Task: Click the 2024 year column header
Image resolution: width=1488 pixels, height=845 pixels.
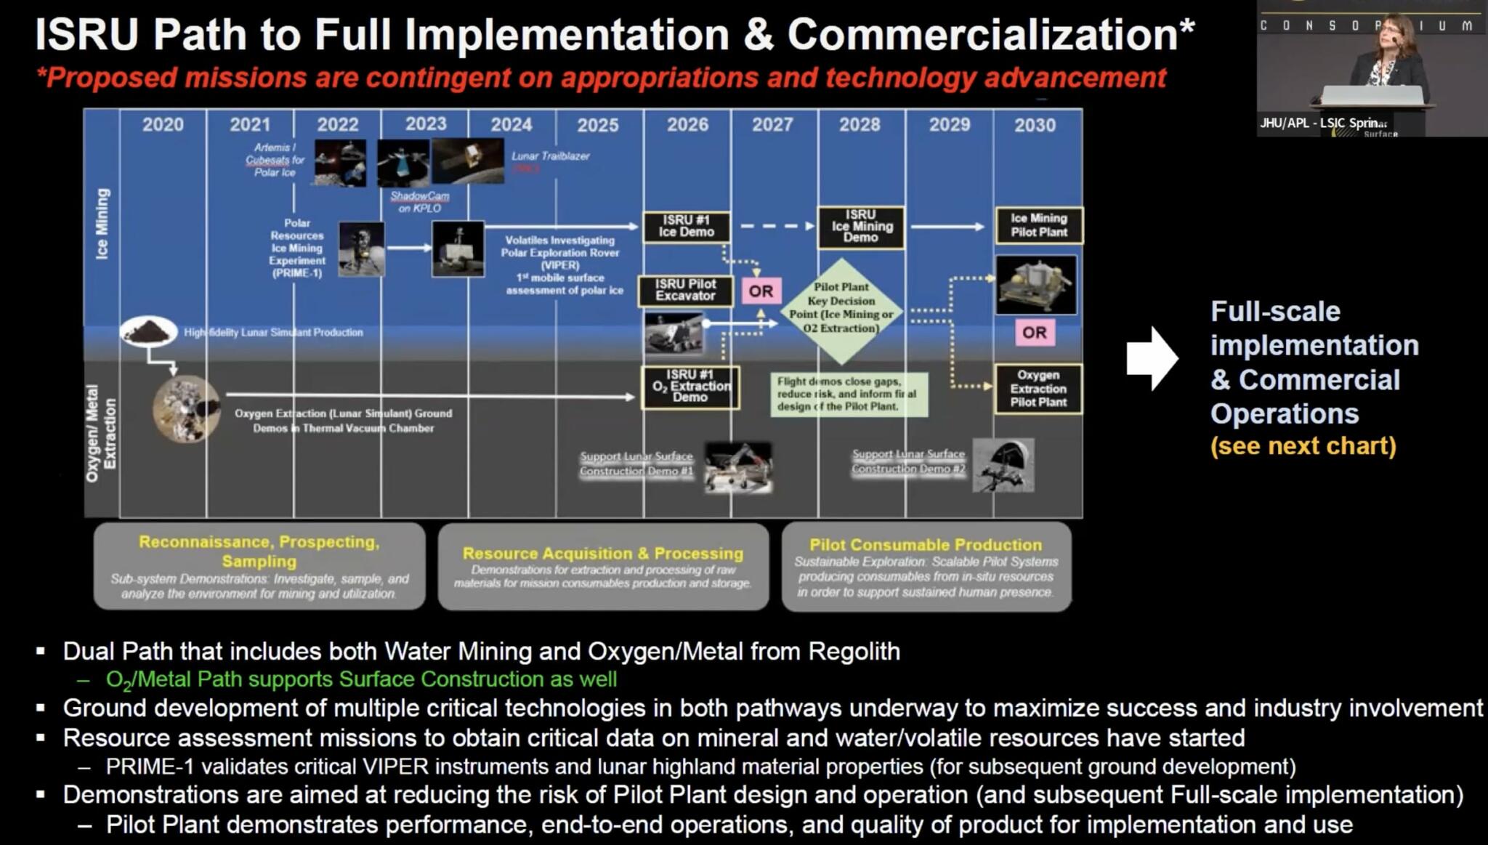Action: [511, 125]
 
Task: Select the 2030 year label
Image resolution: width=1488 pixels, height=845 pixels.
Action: [1035, 125]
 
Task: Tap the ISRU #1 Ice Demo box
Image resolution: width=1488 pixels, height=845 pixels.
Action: [687, 226]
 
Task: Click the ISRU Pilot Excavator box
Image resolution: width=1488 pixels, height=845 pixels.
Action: [685, 290]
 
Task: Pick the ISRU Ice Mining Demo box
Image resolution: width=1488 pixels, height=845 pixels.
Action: [860, 226]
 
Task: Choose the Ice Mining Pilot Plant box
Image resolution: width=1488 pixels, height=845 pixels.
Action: [1039, 225]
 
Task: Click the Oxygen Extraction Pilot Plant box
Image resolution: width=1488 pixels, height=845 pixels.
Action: [1038, 389]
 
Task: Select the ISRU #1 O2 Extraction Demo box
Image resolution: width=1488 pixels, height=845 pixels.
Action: [690, 387]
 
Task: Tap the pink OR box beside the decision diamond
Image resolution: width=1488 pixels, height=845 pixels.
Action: [761, 291]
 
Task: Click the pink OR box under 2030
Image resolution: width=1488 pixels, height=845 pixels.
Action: [1034, 333]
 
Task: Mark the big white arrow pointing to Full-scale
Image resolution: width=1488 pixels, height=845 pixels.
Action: [1152, 358]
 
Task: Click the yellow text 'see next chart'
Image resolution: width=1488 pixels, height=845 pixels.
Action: [1303, 446]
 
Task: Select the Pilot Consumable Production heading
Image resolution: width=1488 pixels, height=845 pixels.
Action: [926, 545]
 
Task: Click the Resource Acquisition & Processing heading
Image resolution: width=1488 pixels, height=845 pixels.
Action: [603, 554]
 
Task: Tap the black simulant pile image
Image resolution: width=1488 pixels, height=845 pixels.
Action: [148, 331]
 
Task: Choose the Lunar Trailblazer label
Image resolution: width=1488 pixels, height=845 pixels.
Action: [550, 156]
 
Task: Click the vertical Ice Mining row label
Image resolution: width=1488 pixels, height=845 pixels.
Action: [102, 224]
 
